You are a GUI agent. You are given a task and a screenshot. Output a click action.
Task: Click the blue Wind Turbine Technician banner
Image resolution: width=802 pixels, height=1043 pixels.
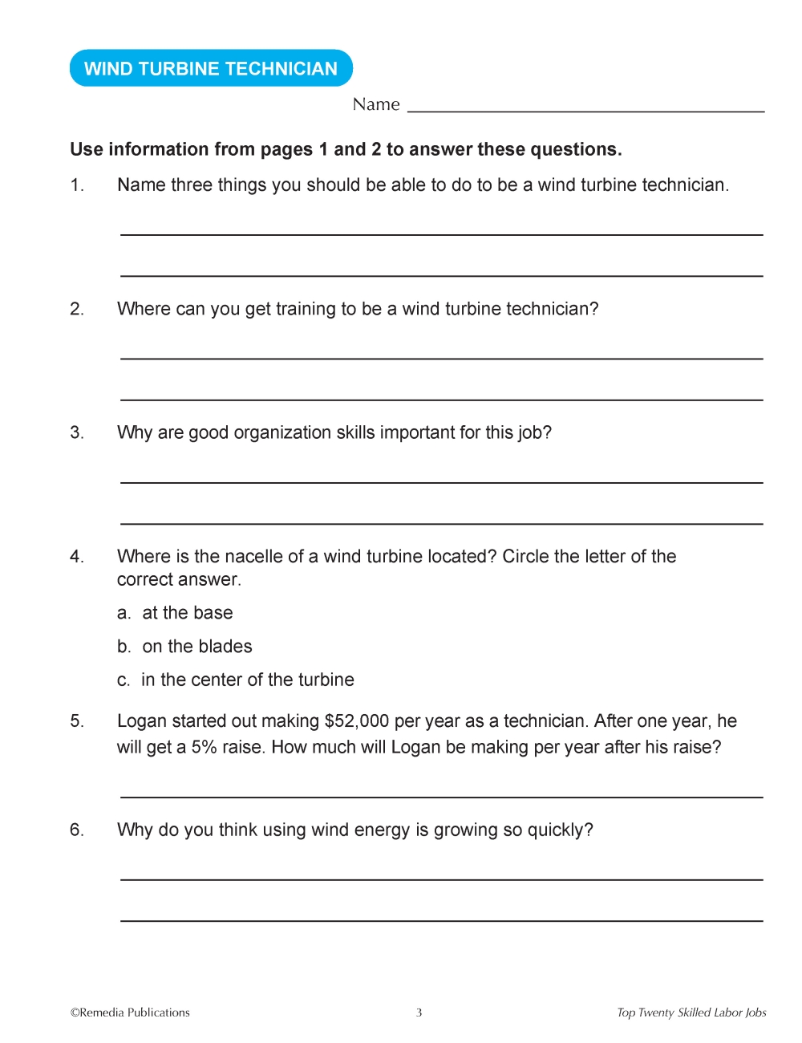pos(211,69)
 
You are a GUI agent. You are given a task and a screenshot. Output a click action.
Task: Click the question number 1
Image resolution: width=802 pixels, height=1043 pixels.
pos(77,185)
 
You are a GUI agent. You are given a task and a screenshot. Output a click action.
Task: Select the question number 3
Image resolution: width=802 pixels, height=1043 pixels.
pos(77,433)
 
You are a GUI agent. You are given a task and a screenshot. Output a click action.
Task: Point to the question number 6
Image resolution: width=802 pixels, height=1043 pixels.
pos(77,830)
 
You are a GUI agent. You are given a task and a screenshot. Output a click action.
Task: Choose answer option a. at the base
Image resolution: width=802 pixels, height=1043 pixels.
pos(175,613)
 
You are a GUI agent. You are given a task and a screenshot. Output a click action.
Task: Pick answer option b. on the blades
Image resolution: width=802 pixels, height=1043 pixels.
pos(184,647)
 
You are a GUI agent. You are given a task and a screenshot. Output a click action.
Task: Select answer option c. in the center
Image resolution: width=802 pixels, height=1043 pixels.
pos(235,680)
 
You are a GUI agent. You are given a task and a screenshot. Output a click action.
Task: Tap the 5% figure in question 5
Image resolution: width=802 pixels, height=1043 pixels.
pos(204,748)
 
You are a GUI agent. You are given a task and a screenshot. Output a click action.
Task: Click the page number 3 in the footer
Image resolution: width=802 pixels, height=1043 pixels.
pos(419,1013)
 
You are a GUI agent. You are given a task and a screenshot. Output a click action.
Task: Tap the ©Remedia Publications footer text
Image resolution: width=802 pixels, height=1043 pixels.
pos(130,1013)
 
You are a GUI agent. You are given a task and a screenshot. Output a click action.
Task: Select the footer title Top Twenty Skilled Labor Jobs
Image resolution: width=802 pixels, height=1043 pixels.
pos(691,1013)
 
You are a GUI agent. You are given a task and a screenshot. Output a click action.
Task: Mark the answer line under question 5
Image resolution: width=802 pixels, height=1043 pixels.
pos(441,797)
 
